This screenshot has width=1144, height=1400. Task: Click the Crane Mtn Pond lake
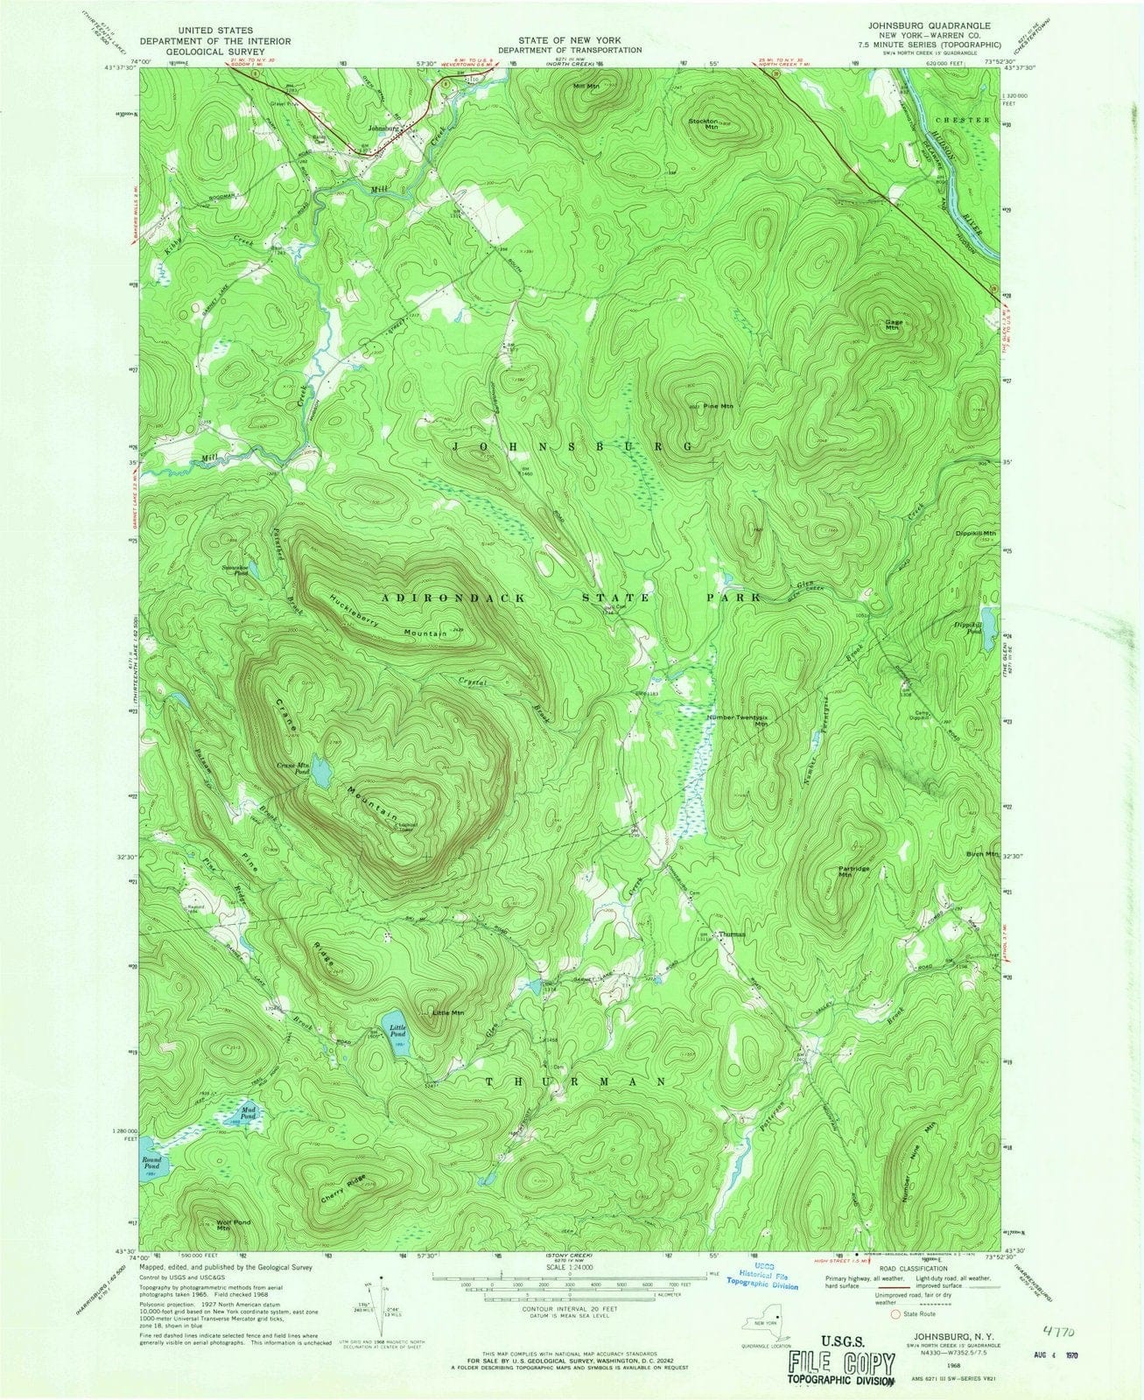321,773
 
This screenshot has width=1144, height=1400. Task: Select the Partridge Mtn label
845,871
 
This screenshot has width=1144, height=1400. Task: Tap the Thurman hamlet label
732,934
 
